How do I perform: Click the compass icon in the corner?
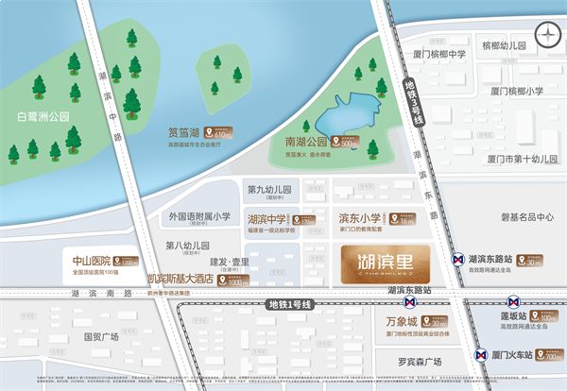click(x=547, y=35)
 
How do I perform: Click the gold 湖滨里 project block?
click(x=382, y=259)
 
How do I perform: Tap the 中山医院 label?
click(x=92, y=259)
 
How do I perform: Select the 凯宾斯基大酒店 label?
click(x=180, y=280)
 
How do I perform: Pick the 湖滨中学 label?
click(x=267, y=219)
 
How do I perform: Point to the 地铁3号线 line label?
click(x=412, y=102)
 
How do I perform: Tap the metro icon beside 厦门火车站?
click(x=476, y=357)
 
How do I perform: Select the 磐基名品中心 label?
click(x=517, y=216)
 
